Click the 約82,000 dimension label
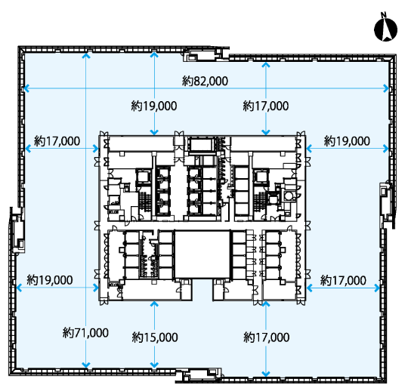[x=205, y=82]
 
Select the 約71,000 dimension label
[x=85, y=333]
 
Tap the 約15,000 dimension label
[x=155, y=337]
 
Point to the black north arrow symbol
[x=385, y=30]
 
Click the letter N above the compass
[x=384, y=15]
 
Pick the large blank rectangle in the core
[x=202, y=254]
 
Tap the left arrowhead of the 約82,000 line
[x=26, y=88]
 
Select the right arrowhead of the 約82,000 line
[x=386, y=88]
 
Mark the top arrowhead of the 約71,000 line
[x=86, y=55]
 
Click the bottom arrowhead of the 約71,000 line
[x=86, y=365]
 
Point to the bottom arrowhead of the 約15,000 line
[x=155, y=365]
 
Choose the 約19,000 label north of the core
[x=154, y=106]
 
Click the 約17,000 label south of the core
[x=266, y=337]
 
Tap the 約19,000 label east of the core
[x=347, y=141]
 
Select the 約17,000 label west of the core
[x=57, y=141]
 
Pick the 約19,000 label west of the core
[x=50, y=280]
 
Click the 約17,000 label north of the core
[x=266, y=106]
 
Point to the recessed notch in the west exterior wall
[x=17, y=230]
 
